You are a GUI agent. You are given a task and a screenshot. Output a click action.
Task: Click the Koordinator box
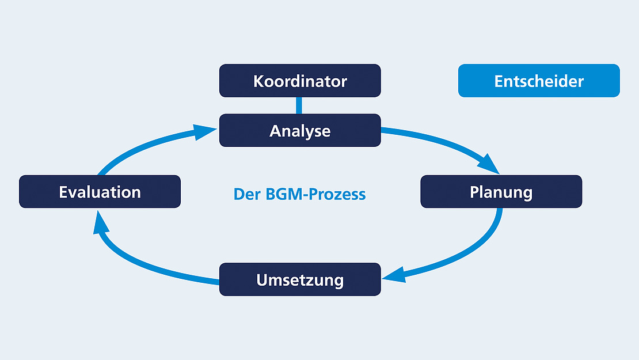pyautogui.click(x=299, y=81)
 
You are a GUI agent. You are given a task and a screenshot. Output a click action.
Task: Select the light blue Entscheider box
pyautogui.click(x=539, y=81)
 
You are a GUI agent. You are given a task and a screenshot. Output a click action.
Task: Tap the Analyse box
pyautogui.click(x=299, y=130)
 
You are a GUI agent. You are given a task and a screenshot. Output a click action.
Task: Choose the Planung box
pyautogui.click(x=501, y=192)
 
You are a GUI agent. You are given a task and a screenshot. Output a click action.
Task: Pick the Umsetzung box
pyautogui.click(x=299, y=280)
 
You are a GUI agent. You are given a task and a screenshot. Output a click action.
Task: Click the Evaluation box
pyautogui.click(x=100, y=192)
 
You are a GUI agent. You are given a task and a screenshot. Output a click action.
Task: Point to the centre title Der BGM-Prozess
pyautogui.click(x=299, y=194)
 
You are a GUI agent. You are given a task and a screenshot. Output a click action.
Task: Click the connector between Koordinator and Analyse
pyautogui.click(x=299, y=105)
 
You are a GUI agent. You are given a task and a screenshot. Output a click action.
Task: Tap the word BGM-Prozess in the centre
pyautogui.click(x=316, y=194)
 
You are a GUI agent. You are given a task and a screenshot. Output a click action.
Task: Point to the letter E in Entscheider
pyautogui.click(x=499, y=81)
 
